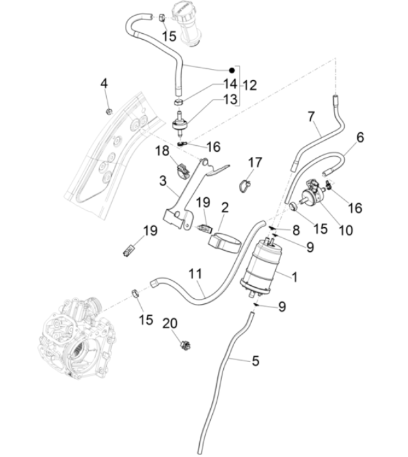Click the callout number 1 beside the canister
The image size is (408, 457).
pyautogui.click(x=294, y=277)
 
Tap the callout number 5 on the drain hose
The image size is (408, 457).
pyautogui.click(x=255, y=360)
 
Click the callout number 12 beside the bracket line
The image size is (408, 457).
pyautogui.click(x=250, y=85)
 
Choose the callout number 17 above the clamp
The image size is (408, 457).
pyautogui.click(x=254, y=162)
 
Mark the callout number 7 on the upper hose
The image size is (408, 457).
pyautogui.click(x=311, y=116)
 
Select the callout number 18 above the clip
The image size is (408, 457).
pyautogui.click(x=161, y=151)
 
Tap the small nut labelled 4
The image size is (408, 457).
pyautogui.click(x=109, y=110)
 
